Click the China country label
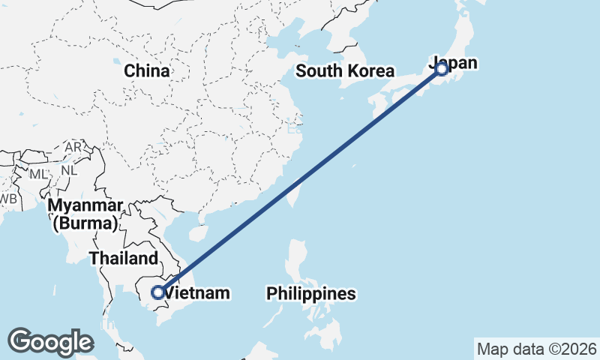pos(147,71)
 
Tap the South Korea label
pos(345,71)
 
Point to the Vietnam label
pos(196,293)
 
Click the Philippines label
pos(310,293)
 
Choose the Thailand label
pos(124,259)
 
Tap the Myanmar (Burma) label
pos(84,214)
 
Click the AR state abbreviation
pos(73,148)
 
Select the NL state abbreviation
pos(69,169)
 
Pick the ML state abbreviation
pos(38,174)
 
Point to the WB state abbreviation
pos(8,199)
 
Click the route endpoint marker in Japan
pos(442,69)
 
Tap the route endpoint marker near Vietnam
pos(158,292)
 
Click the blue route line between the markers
pos(300,180)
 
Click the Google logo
pos(50,342)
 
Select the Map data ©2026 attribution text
pos(536,349)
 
